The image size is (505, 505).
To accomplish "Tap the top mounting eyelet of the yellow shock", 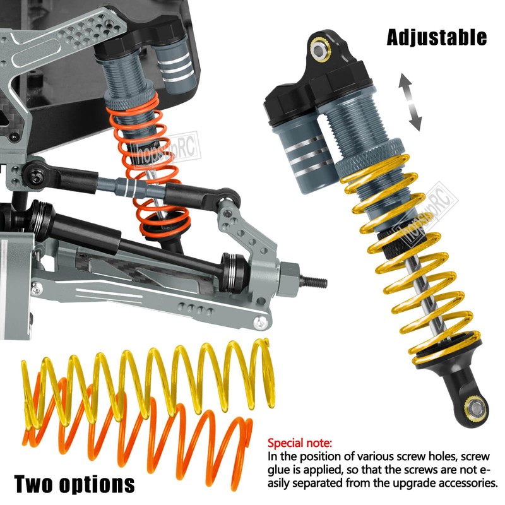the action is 322,47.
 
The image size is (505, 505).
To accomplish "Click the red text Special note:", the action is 300,443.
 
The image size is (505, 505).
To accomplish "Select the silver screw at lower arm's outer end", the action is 258,323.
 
